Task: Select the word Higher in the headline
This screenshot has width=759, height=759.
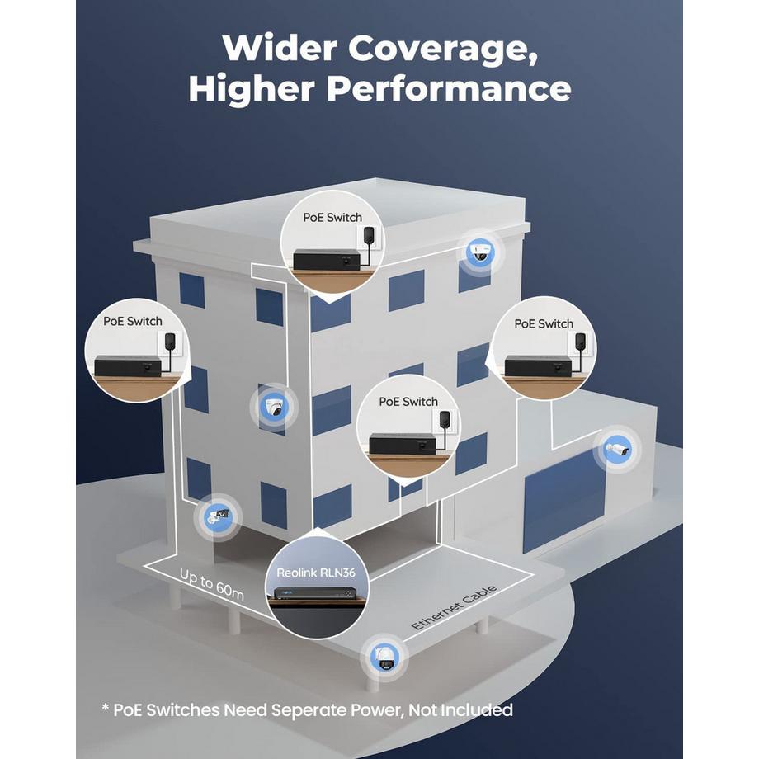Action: point(252,88)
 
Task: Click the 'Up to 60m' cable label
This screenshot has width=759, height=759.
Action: point(211,584)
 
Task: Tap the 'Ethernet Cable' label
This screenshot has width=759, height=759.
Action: point(454,607)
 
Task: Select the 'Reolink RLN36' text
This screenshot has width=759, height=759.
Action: point(316,573)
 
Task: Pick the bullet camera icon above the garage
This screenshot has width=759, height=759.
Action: point(618,450)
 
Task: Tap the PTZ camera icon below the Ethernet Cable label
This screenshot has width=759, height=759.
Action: point(386,658)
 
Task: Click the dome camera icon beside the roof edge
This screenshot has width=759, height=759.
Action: point(480,252)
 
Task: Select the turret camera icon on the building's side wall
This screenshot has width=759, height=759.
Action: point(274,408)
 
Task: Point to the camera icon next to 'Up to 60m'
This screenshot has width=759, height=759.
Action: point(218,516)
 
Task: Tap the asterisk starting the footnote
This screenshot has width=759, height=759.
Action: point(105,708)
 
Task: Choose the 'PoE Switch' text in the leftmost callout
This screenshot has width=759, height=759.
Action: point(132,322)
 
